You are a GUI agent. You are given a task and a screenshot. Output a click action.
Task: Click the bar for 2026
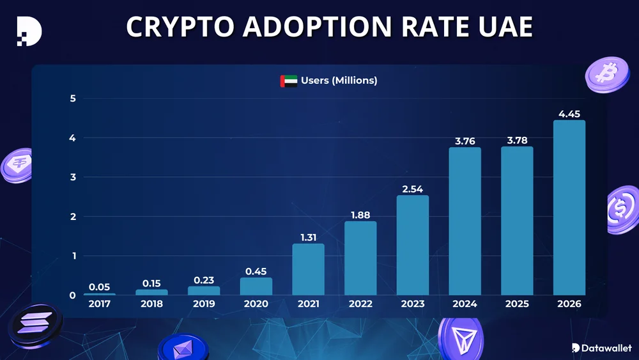click(x=569, y=207)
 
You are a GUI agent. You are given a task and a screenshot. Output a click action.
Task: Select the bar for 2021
click(x=308, y=269)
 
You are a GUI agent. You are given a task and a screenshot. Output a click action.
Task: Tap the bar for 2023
click(x=412, y=245)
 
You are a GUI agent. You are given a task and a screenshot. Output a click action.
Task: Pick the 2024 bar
click(x=465, y=221)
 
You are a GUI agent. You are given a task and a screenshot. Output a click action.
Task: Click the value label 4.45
click(x=569, y=114)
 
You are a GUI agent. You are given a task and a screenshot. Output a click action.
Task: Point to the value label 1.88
click(x=360, y=215)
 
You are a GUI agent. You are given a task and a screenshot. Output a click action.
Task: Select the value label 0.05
click(x=100, y=287)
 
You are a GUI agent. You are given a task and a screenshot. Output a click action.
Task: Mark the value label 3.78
click(x=516, y=141)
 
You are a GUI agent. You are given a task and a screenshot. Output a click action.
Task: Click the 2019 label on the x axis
click(x=204, y=304)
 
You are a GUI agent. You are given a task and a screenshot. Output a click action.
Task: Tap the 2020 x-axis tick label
click(x=256, y=304)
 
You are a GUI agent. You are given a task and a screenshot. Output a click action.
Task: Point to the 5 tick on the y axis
click(x=73, y=98)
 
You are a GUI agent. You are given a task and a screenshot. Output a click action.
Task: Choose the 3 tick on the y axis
click(x=73, y=177)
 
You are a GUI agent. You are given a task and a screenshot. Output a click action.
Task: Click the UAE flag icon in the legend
click(x=289, y=81)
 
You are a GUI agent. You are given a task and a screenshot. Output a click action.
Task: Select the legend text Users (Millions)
click(x=339, y=81)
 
